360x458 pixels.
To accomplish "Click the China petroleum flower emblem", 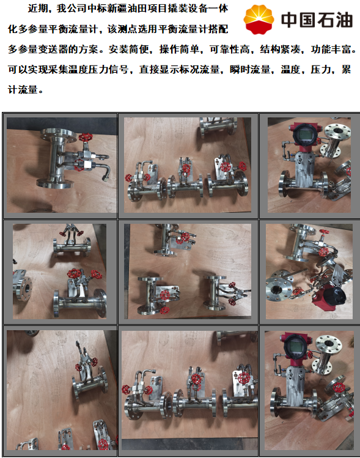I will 259,19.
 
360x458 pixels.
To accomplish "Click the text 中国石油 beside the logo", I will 317,20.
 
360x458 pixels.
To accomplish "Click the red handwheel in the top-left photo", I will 86,138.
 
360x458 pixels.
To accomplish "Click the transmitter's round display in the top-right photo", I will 302,133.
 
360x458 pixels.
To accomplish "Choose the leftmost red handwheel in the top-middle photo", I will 129,177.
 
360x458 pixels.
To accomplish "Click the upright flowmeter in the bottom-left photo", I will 87,374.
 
